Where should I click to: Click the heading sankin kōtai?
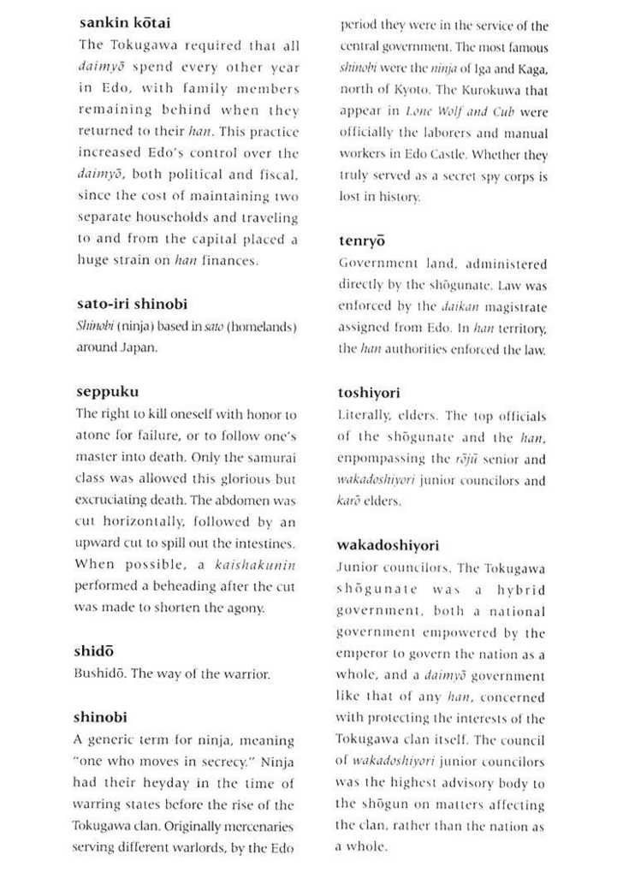tap(124, 23)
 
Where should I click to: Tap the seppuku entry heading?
tap(107, 394)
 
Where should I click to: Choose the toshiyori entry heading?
tap(376, 394)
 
